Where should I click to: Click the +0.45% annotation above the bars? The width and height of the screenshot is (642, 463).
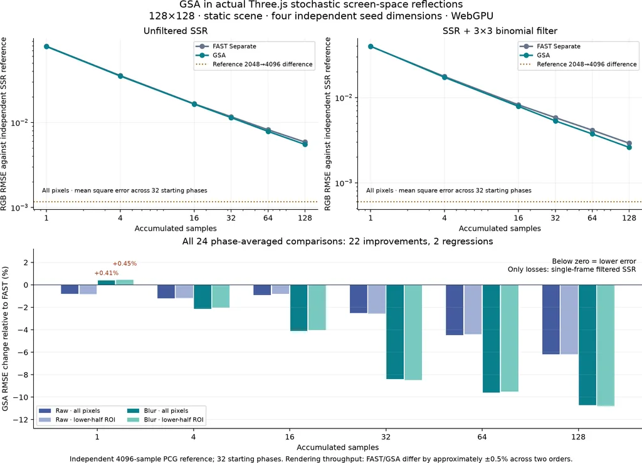click(x=125, y=263)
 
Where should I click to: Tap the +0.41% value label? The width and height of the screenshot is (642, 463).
click(x=107, y=273)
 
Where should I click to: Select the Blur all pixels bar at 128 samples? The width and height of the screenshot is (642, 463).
click(x=587, y=345)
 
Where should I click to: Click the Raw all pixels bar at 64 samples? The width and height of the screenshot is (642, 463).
click(x=455, y=310)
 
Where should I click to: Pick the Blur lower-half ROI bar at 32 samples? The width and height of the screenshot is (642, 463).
click(x=413, y=332)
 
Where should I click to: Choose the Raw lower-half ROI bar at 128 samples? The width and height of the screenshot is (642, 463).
click(x=569, y=320)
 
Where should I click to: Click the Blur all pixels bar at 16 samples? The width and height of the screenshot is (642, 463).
click(x=299, y=308)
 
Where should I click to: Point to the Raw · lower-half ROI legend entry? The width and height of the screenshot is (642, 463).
click(x=77, y=420)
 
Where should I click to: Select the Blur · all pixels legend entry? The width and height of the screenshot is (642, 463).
click(x=158, y=410)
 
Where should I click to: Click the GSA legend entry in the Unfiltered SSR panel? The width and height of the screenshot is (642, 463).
click(x=211, y=55)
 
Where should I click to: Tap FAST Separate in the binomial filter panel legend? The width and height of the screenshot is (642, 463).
click(x=550, y=46)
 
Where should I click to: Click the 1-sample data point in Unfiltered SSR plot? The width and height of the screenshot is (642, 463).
click(x=46, y=46)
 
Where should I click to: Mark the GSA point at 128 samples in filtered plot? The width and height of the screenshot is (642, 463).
click(x=629, y=147)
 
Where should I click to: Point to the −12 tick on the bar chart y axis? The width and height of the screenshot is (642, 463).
click(x=21, y=420)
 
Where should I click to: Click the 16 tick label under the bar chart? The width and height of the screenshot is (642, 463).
click(x=290, y=437)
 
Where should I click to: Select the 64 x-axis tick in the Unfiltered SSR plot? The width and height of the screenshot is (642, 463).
click(x=268, y=217)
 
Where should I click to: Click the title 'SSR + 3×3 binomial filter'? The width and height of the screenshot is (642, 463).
click(x=500, y=31)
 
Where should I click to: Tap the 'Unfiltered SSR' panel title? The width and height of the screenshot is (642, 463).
click(x=176, y=31)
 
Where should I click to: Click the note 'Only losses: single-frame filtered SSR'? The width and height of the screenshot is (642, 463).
click(x=572, y=269)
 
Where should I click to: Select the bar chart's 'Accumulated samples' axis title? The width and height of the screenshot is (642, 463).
click(x=338, y=447)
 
